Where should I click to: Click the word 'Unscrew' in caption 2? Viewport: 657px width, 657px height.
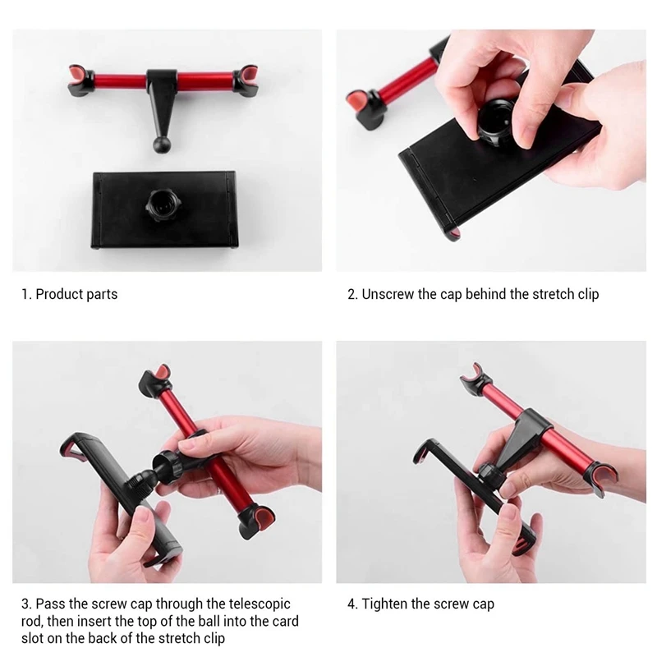click(x=388, y=294)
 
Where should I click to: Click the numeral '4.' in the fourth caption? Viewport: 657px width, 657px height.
click(x=352, y=604)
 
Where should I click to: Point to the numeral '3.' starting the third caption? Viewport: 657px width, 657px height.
click(x=26, y=604)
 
